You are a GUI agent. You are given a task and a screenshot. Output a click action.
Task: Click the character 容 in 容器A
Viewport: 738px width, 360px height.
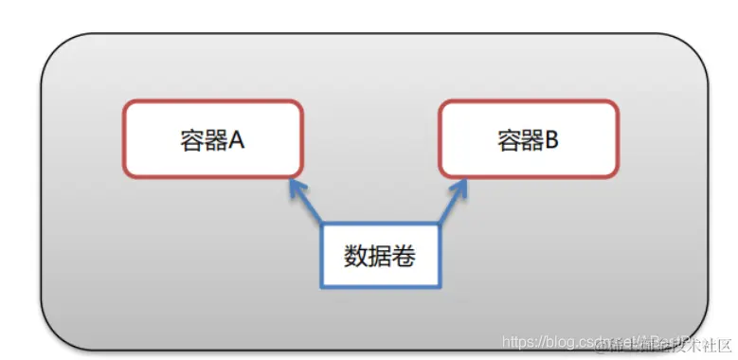click(191, 140)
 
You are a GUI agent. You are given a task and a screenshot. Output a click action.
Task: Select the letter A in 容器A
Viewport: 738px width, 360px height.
click(236, 140)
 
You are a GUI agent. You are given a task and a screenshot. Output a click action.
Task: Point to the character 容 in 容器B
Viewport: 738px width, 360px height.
click(508, 140)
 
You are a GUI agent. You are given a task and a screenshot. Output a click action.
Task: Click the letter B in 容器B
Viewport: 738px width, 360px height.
click(551, 140)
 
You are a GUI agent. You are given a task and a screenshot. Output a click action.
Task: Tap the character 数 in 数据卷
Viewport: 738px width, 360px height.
click(356, 255)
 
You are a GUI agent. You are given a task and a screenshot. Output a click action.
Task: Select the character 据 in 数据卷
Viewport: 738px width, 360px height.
click(379, 255)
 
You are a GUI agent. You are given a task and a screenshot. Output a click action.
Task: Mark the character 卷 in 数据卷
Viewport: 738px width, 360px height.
click(402, 255)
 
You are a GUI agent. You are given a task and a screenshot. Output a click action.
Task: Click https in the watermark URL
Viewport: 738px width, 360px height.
click(519, 341)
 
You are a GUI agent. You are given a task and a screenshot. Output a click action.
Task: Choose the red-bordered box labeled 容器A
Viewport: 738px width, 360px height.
click(213, 138)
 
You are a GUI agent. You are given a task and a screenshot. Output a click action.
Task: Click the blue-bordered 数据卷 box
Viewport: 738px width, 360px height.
click(380, 255)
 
